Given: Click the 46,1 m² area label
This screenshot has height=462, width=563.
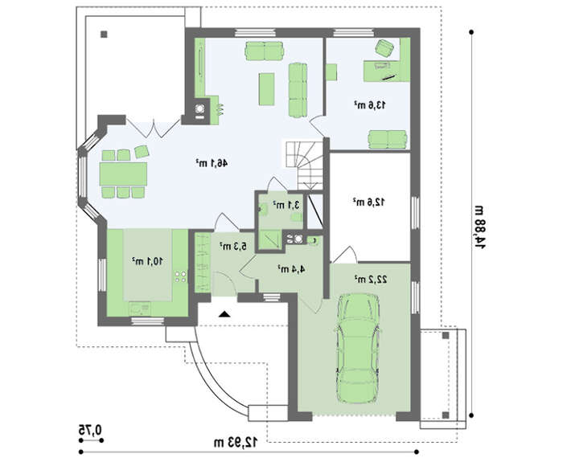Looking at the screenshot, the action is tap(212, 163).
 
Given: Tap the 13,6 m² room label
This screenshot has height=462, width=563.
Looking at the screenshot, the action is tap(370, 104).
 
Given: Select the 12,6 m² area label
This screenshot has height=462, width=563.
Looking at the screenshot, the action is tap(369, 202).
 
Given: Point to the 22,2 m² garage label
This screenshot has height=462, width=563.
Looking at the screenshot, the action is tap(371, 280).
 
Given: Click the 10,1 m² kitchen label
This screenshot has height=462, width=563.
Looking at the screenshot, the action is tap(147, 261).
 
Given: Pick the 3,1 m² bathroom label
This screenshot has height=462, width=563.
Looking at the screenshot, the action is tap(286, 205).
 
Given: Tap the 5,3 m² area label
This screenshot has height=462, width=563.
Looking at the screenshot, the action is tap(233, 246).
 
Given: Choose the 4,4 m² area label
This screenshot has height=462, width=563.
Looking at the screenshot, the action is tap(291, 268).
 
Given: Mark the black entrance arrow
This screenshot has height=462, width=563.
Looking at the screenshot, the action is tap(224, 314).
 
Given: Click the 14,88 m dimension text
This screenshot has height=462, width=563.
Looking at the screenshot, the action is tap(480, 227).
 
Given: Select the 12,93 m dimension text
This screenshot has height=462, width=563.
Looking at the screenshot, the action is tap(236, 442).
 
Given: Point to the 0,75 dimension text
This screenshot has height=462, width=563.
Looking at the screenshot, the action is tap(90, 429).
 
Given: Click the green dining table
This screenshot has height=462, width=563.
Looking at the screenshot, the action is tap(123, 174).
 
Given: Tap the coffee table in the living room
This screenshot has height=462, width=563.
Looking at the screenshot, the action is tap(266, 89).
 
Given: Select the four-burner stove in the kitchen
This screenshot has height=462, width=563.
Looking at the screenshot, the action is tap(181, 276).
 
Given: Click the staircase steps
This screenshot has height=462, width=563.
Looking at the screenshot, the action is tap(305, 165).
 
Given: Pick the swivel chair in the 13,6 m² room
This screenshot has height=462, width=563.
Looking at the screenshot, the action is tap(384, 48).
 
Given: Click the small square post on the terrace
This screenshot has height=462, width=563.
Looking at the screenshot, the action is tap(104, 35).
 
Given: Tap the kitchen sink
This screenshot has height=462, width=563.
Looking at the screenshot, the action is tap(140, 309).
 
